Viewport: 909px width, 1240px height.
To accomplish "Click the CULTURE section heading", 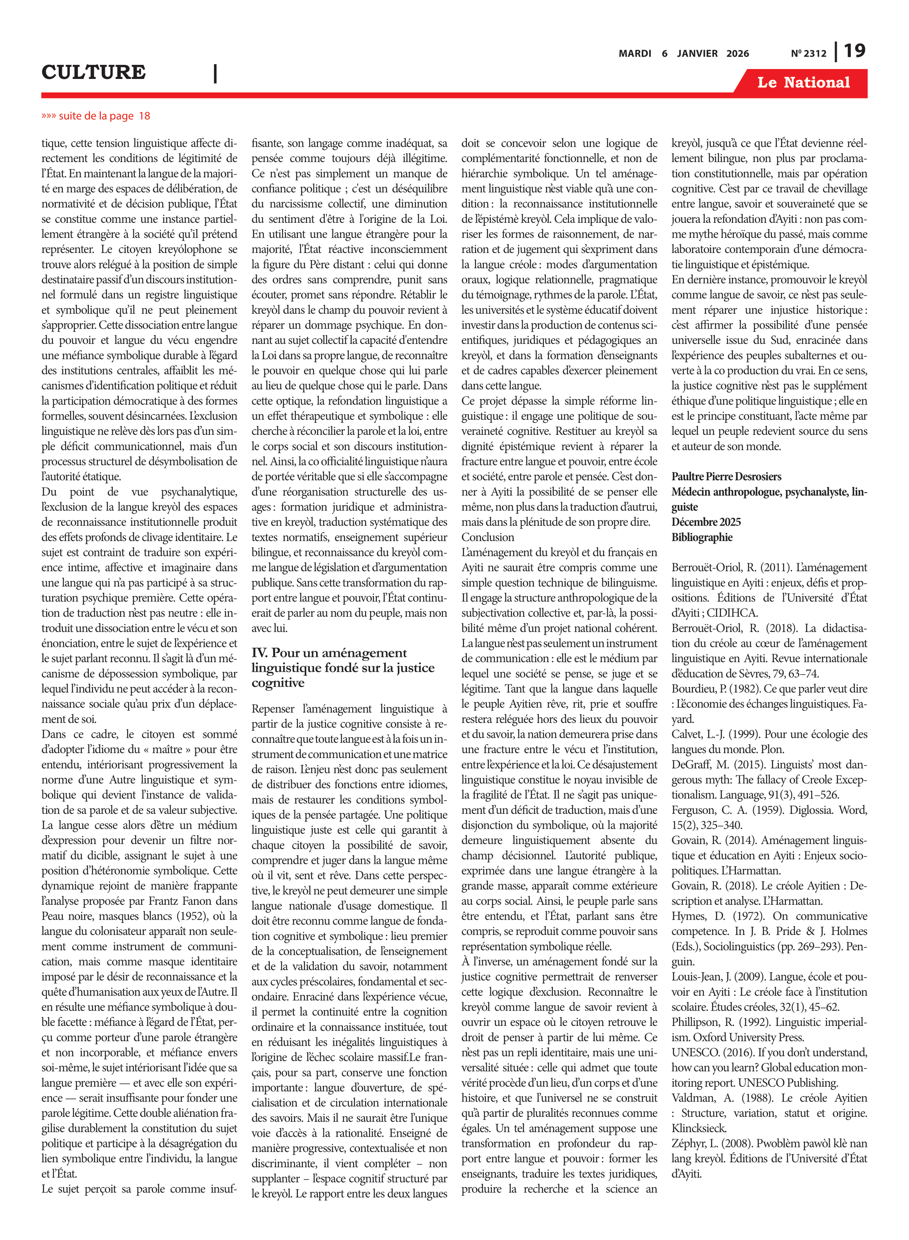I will pyautogui.click(x=93, y=72).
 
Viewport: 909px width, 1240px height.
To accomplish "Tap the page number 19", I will pyautogui.click(x=854, y=51).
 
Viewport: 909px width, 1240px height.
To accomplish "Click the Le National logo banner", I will pyautogui.click(x=803, y=83).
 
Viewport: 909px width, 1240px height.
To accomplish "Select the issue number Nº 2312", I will pyautogui.click(x=808, y=53).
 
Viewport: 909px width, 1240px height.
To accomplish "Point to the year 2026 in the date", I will pyautogui.click(x=738, y=53).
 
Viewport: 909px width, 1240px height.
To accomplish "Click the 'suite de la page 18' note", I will pyautogui.click(x=96, y=116).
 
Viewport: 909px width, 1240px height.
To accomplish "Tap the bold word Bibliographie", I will pyautogui.click(x=702, y=537).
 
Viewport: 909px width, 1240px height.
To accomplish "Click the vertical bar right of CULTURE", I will pyautogui.click(x=215, y=73).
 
